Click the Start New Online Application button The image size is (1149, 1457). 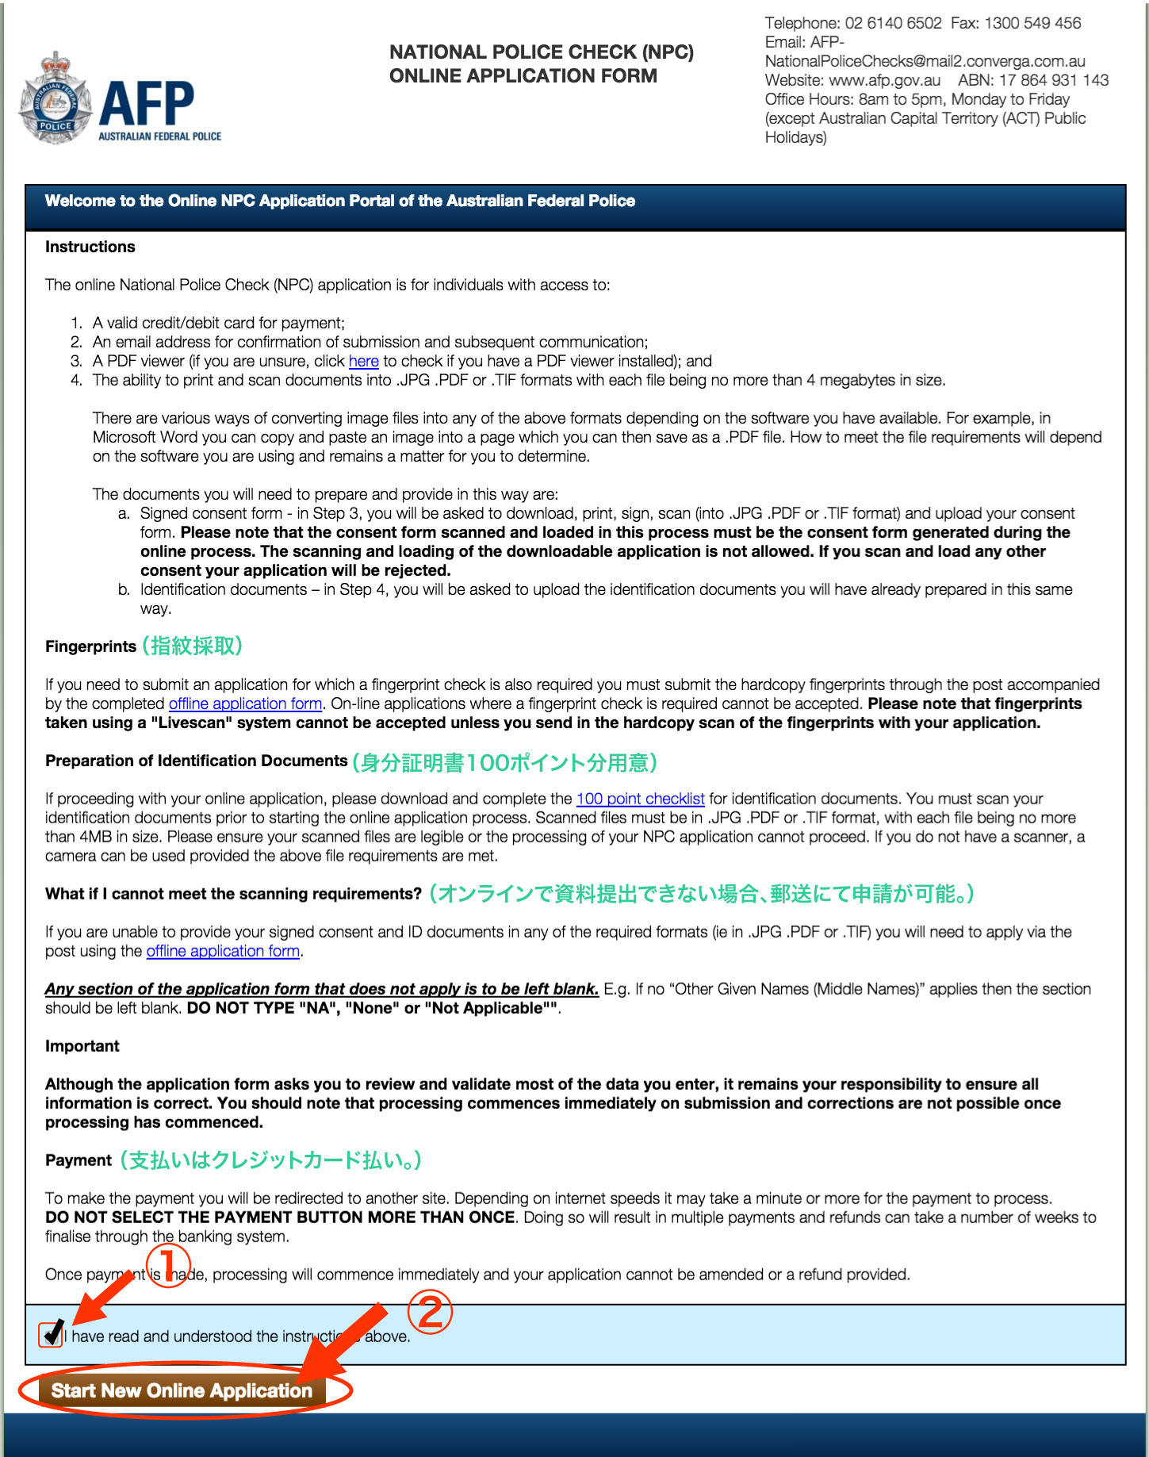(x=182, y=1390)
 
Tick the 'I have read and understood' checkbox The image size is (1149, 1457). (x=51, y=1335)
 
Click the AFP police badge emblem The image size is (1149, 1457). (x=56, y=100)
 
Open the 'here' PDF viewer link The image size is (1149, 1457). (x=363, y=361)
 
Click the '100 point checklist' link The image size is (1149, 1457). (x=640, y=799)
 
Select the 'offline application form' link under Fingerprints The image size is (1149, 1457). (x=245, y=704)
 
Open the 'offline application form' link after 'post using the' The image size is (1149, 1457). (x=223, y=951)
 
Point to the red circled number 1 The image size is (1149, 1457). (x=168, y=1264)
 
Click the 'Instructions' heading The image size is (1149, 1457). (x=90, y=247)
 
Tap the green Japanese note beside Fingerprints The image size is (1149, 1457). (x=192, y=646)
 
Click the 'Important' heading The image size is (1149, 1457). (x=82, y=1046)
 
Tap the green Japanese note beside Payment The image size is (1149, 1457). (x=270, y=1160)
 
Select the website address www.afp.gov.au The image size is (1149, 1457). (x=884, y=80)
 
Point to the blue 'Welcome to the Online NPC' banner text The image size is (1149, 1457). (x=339, y=201)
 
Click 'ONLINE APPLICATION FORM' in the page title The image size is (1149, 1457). (x=523, y=76)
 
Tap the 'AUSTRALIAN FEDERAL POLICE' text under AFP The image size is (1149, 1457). (x=159, y=136)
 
